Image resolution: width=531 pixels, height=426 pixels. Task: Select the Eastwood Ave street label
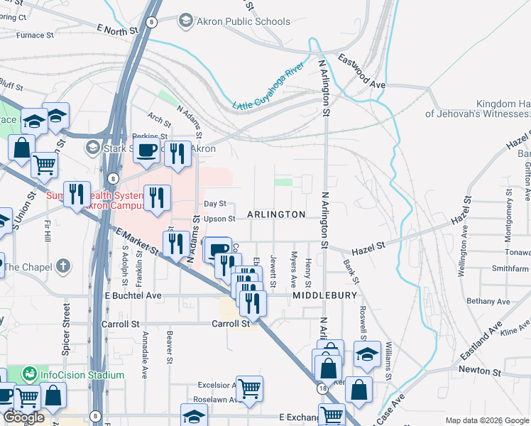coord(361,71)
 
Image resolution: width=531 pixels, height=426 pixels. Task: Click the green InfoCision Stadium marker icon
coord(29,373)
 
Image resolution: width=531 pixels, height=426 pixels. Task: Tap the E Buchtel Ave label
coord(133,295)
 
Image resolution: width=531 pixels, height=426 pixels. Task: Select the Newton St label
coord(479,371)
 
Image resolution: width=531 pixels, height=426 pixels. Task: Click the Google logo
coord(23,417)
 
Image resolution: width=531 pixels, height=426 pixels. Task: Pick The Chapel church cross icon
coord(64,266)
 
